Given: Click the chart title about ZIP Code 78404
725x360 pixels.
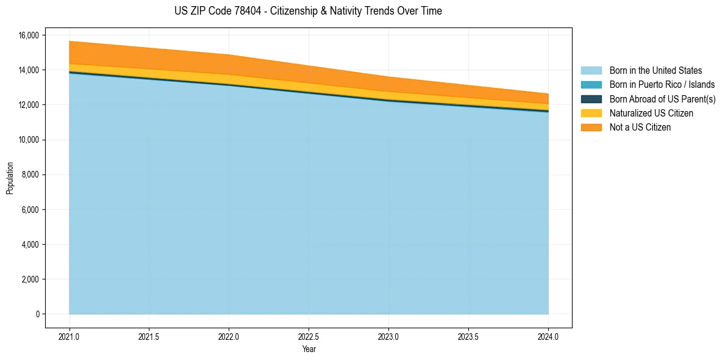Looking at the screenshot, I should pos(308,11).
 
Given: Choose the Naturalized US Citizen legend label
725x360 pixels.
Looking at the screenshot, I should pos(651,113).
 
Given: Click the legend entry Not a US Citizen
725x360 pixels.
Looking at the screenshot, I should pos(640,128).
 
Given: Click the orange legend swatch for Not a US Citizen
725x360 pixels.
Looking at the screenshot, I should pos(591,128).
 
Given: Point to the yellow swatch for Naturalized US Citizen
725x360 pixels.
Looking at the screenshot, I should pos(591,113).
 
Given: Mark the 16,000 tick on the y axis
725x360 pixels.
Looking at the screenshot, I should pos(28,35).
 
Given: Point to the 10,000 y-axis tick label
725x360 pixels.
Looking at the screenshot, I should pos(28,140).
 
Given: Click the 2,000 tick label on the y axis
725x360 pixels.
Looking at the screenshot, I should pos(30,279).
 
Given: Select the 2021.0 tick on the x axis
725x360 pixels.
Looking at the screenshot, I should pos(70,336).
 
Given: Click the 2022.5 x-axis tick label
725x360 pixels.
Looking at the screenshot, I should pos(309,336).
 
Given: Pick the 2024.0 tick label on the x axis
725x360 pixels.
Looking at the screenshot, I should pos(548,336).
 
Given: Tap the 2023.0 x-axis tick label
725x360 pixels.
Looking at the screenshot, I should pos(388,336).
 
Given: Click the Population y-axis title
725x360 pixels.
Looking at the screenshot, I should pos(10,178).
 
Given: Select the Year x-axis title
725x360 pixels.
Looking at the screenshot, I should pos(309,349).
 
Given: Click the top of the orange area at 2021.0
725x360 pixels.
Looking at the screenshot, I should pos(70,41).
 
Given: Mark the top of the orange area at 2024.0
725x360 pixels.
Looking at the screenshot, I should pos(548,94).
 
